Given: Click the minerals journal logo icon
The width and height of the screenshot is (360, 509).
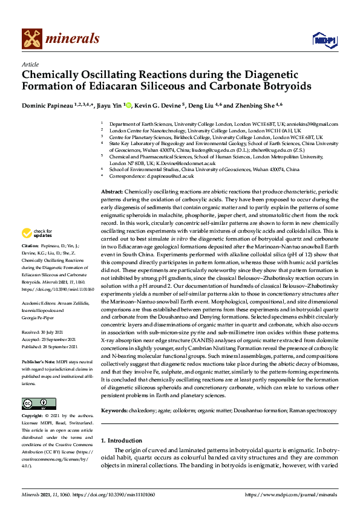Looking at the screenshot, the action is pyautogui.click(x=33, y=39).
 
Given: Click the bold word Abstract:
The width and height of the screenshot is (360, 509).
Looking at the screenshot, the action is pyautogui.click(x=112, y=191).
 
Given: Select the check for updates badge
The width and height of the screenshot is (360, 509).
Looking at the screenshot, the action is pyautogui.click(x=36, y=233).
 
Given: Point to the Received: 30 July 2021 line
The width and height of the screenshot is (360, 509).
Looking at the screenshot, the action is pyautogui.click(x=44, y=332).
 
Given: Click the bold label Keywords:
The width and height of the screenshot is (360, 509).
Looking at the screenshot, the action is pyautogui.click(x=114, y=411).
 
